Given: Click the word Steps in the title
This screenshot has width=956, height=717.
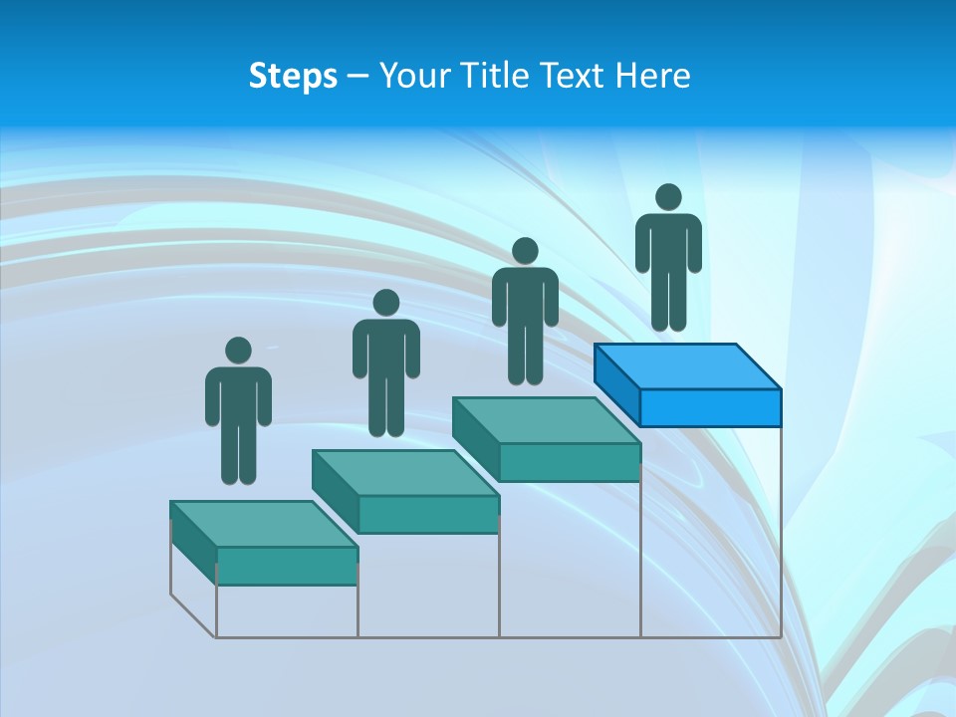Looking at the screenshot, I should tap(293, 76).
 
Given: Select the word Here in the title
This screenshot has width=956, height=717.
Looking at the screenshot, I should tap(653, 76).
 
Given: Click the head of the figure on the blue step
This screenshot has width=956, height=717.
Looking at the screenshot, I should tap(668, 197).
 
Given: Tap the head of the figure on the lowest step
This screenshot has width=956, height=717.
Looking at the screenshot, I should tap(238, 351).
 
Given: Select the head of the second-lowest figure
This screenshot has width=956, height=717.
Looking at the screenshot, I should tap(385, 303).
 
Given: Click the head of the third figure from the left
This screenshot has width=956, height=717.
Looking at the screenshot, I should tap(525, 251).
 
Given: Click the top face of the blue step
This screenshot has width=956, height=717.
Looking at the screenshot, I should tap(687, 366).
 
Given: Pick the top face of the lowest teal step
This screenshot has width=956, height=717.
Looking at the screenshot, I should tap(263, 524).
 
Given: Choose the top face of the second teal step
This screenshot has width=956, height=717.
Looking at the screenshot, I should tap(404, 472).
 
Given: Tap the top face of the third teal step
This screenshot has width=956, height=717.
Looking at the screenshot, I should tap(546, 420).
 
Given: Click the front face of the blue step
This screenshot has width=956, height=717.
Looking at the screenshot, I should tap(710, 407).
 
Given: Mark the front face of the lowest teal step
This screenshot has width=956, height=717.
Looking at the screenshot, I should tap(287, 566).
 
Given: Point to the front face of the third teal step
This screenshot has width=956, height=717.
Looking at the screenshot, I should tap(569, 462).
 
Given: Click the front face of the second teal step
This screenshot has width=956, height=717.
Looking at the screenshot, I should tap(428, 514).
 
